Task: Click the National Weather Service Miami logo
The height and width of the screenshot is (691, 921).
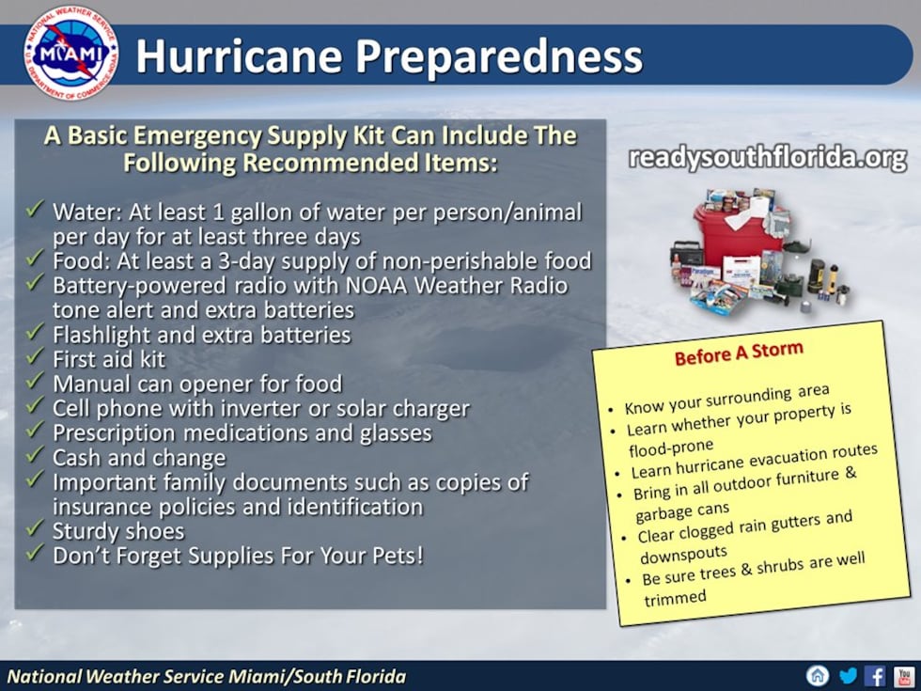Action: (71, 53)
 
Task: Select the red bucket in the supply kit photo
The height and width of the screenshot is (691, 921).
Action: (728, 234)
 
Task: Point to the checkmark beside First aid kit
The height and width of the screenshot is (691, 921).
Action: (35, 357)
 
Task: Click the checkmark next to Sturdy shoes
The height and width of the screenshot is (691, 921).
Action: (35, 530)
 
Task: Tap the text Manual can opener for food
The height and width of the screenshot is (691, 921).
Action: (197, 384)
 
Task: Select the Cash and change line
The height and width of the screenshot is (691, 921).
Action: (139, 458)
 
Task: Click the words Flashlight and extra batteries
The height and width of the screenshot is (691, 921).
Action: (201, 335)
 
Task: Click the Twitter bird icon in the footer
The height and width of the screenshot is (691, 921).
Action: (848, 675)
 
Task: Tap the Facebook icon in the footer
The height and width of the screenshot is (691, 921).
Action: (875, 675)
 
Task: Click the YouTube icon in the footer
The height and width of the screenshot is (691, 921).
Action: (903, 675)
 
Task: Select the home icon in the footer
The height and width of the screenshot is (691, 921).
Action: (819, 675)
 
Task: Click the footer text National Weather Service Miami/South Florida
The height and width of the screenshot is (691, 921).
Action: (207, 676)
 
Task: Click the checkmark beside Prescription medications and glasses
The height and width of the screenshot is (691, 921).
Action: (35, 432)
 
